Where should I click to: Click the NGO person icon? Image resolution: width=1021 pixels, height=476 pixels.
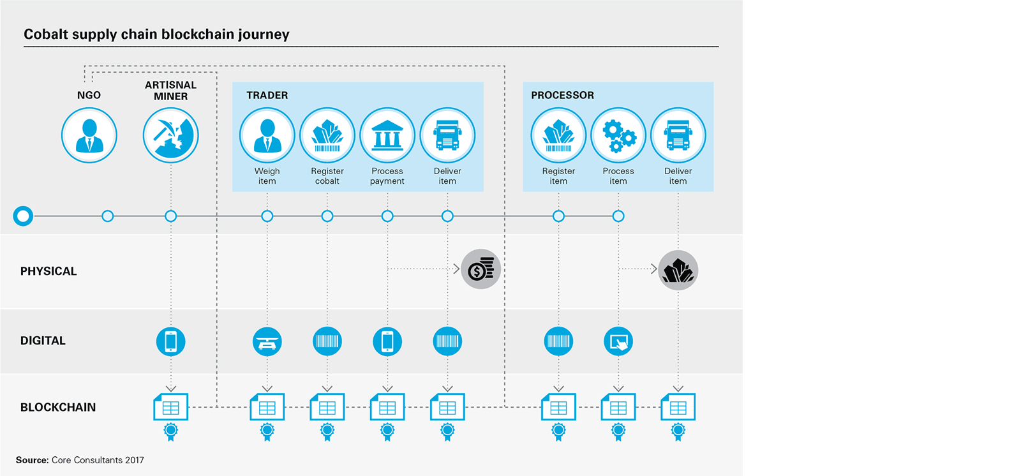pos(89,135)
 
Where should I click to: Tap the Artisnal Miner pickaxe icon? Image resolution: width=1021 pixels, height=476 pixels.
pos(170,135)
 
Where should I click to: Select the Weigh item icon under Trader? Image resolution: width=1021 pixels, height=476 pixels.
pos(267,135)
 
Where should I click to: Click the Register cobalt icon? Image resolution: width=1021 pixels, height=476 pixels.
pos(327,135)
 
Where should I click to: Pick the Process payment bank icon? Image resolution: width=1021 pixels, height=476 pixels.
pos(387,135)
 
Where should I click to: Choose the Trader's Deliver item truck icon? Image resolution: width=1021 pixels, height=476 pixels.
pos(447,135)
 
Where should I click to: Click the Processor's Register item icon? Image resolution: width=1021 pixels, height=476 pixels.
pos(558,135)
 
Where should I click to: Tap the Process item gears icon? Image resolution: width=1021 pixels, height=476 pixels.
pos(618,135)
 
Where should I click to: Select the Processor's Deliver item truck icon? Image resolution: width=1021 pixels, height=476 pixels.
pos(678,135)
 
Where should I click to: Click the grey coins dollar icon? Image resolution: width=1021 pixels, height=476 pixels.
pos(481,269)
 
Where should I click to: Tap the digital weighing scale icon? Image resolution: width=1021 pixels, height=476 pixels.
pos(267,341)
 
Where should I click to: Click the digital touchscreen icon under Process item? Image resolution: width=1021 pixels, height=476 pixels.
pos(618,341)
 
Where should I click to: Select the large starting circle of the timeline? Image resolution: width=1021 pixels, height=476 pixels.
pos(24,216)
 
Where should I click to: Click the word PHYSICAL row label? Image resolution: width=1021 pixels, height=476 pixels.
pos(48,271)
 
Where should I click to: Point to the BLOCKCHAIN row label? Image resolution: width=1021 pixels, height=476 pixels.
pos(58,407)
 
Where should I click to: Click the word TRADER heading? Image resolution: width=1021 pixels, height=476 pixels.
pos(267,95)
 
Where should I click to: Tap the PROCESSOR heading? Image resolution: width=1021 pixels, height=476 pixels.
pos(562,95)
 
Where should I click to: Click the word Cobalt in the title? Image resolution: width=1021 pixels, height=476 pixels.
pos(46,34)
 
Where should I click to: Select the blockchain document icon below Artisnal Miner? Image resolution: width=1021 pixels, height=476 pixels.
pos(170,407)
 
